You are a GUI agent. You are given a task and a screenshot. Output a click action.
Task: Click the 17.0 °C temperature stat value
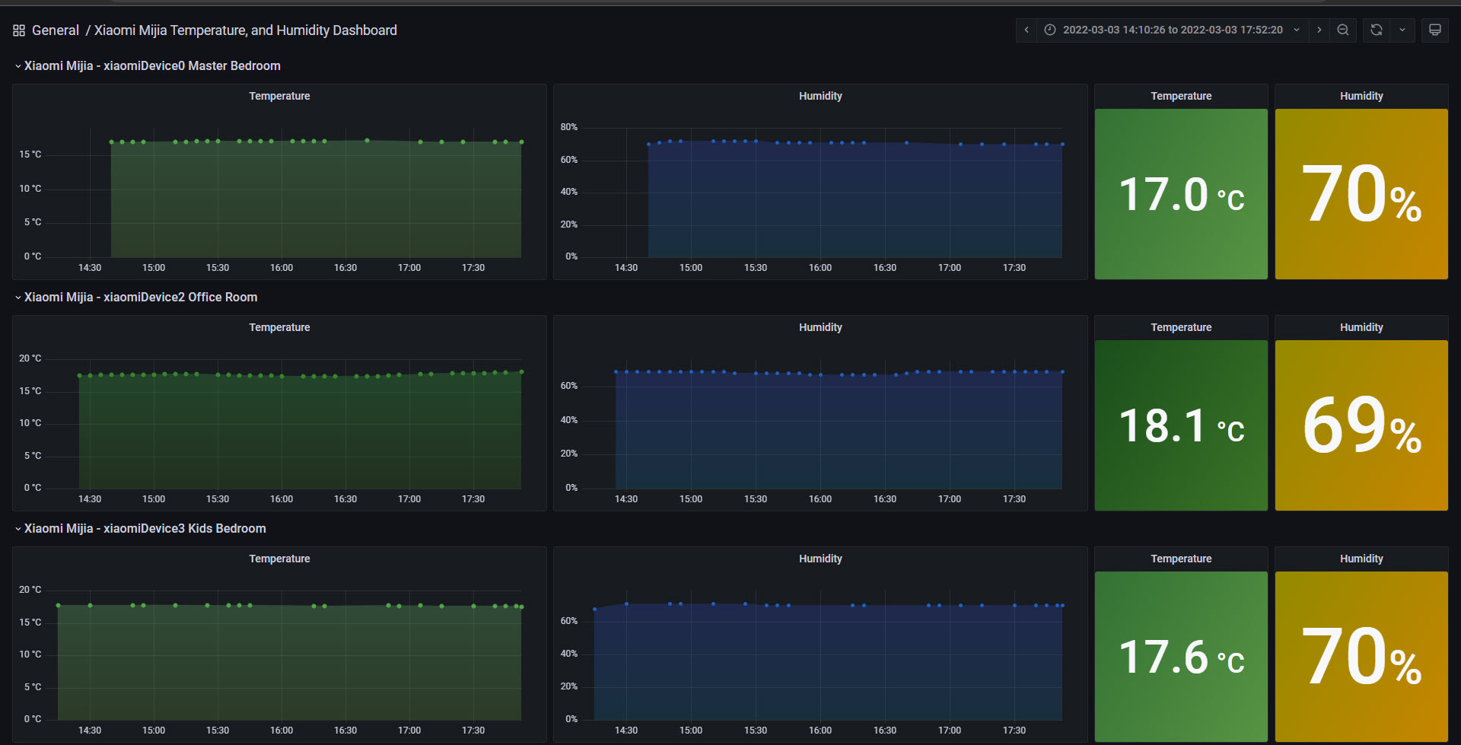pyautogui.click(x=1181, y=194)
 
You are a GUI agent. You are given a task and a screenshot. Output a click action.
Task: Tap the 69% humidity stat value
pyautogui.click(x=1361, y=425)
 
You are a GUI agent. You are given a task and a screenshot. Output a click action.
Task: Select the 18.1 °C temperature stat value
pyautogui.click(x=1181, y=425)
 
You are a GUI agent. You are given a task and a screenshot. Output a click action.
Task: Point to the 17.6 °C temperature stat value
pyautogui.click(x=1181, y=657)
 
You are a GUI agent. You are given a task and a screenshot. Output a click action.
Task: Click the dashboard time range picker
pyautogui.click(x=1173, y=30)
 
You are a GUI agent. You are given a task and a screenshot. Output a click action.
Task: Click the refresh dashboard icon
pyautogui.click(x=1376, y=30)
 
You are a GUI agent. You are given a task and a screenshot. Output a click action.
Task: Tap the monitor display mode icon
pyautogui.click(x=1434, y=30)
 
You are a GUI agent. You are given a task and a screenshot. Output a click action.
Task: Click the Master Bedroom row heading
pyautogui.click(x=152, y=65)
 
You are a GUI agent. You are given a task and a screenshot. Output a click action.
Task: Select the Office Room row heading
pyautogui.click(x=141, y=297)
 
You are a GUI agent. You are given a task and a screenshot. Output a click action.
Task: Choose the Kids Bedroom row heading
pyautogui.click(x=145, y=528)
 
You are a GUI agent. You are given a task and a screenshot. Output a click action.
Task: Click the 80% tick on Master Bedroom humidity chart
pyautogui.click(x=569, y=127)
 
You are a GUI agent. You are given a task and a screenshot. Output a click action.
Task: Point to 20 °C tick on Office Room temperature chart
pyautogui.click(x=30, y=358)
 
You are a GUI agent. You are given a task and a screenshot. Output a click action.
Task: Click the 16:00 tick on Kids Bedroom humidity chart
pyautogui.click(x=820, y=731)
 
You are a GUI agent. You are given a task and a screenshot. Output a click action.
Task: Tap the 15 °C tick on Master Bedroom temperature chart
pyautogui.click(x=30, y=154)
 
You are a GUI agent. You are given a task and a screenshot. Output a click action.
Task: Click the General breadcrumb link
pyautogui.click(x=56, y=30)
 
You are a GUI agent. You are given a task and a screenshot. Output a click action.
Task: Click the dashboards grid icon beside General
pyautogui.click(x=19, y=30)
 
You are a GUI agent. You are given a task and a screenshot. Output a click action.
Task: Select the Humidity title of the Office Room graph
pyautogui.click(x=820, y=327)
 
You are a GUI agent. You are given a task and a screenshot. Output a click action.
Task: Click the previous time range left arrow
pyautogui.click(x=1027, y=30)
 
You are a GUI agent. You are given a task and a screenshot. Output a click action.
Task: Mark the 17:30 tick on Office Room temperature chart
pyautogui.click(x=473, y=499)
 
